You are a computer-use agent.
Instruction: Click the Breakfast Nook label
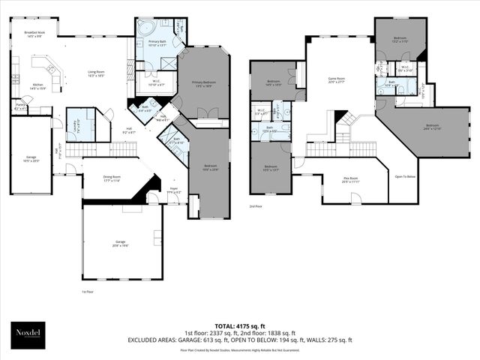[34, 34]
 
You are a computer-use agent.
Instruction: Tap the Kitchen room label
[38, 87]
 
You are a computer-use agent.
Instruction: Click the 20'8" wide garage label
[121, 244]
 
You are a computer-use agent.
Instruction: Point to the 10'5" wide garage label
[31, 158]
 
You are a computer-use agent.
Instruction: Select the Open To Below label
[406, 177]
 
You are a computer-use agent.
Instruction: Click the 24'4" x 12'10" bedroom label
[432, 127]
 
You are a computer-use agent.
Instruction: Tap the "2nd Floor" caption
[256, 205]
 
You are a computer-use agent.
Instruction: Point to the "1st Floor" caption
[88, 291]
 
